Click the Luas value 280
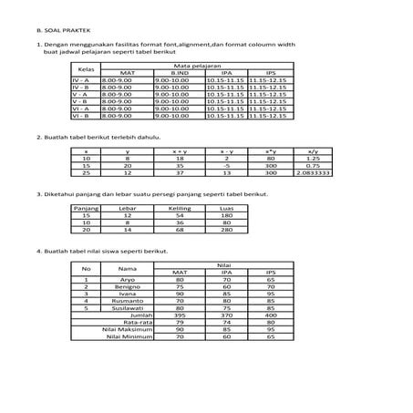coord(228,230)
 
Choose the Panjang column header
coord(87,208)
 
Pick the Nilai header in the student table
coord(225,265)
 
